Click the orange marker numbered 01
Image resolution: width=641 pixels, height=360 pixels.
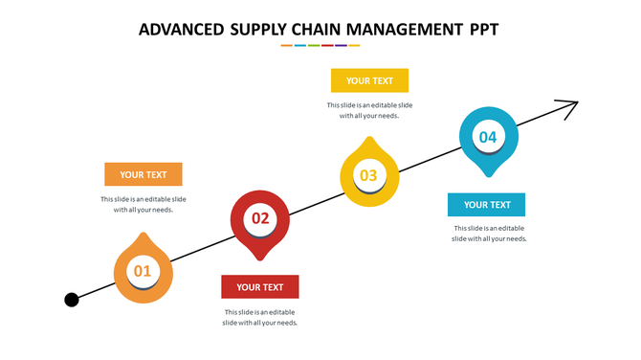pyautogui.click(x=143, y=271)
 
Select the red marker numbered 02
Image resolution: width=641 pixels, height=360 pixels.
pyautogui.click(x=260, y=219)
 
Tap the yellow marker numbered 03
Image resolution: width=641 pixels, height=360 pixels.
pyautogui.click(x=369, y=175)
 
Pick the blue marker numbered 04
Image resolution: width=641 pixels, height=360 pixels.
pyautogui.click(x=488, y=138)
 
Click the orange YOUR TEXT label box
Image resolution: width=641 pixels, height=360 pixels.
pyautogui.click(x=144, y=174)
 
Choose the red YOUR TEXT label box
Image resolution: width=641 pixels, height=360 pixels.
pyautogui.click(x=260, y=286)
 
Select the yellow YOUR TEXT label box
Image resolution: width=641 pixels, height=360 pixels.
pyautogui.click(x=369, y=80)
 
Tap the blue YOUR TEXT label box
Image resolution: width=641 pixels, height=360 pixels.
pyautogui.click(x=487, y=204)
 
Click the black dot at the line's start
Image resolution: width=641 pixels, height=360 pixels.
pyautogui.click(x=72, y=301)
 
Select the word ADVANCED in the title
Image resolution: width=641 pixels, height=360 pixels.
pyautogui.click(x=181, y=30)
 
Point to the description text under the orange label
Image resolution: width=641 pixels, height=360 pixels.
pyautogui.click(x=144, y=204)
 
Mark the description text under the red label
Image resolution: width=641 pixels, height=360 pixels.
pyautogui.click(x=260, y=317)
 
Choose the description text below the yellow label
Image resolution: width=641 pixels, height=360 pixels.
pyautogui.click(x=369, y=110)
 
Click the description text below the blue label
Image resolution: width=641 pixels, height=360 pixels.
pyautogui.click(x=489, y=234)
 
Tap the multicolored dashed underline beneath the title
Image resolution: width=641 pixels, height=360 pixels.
pyautogui.click(x=320, y=45)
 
